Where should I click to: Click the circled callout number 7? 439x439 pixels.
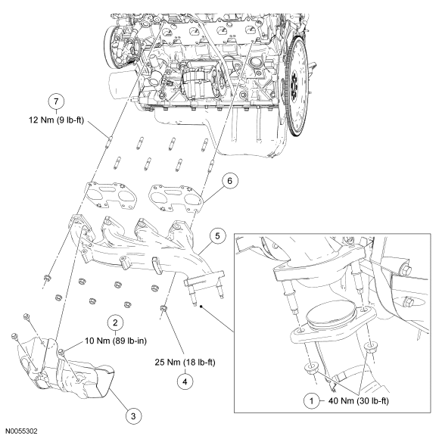[x=56, y=102]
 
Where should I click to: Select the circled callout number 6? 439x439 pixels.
[x=229, y=181]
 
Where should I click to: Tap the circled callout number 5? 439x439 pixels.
[x=218, y=236]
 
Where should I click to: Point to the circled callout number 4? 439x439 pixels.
[x=185, y=381]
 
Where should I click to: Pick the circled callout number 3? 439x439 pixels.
[x=133, y=416]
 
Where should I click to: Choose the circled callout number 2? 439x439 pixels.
[x=115, y=322]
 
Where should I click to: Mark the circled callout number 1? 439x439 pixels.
[x=312, y=401]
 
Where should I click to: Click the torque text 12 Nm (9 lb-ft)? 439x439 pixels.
[x=57, y=120]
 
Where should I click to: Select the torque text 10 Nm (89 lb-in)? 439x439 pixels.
[x=116, y=341]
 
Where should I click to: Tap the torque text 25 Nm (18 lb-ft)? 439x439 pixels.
[x=185, y=363]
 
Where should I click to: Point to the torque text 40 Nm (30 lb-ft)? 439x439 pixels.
[x=359, y=401]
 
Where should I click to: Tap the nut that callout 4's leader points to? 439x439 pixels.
[x=163, y=310]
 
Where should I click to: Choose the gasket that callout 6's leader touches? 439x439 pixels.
[x=176, y=198]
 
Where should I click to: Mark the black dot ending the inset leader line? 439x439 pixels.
[x=201, y=307]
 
